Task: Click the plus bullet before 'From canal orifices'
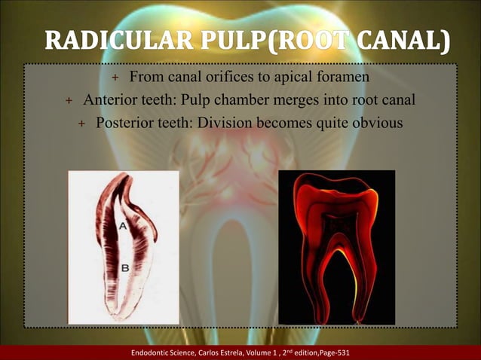(x=115, y=78)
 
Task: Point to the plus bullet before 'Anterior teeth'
(x=69, y=101)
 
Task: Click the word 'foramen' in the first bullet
(x=341, y=78)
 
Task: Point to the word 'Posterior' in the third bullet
(x=124, y=122)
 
